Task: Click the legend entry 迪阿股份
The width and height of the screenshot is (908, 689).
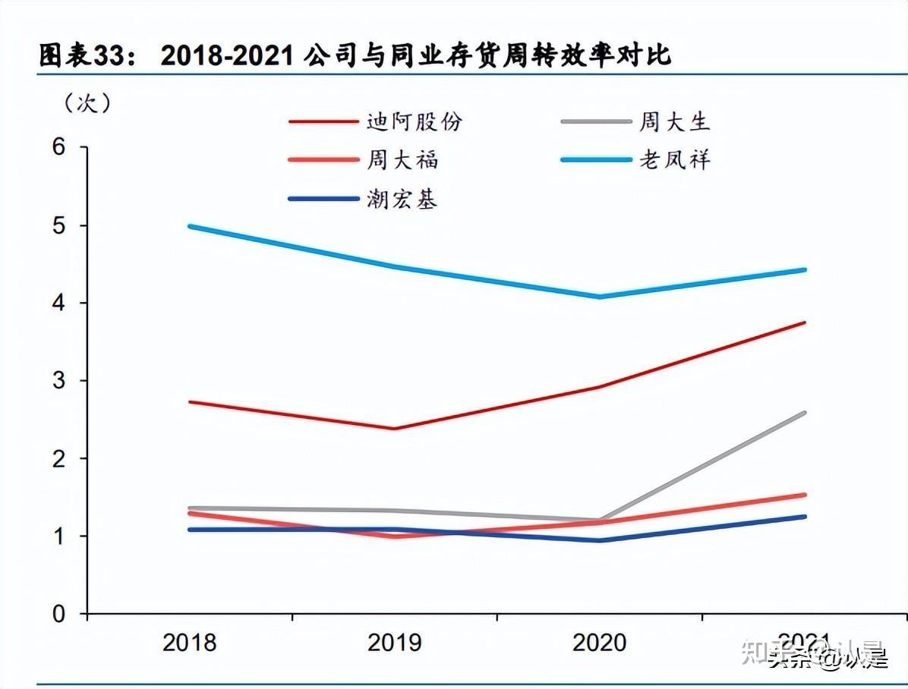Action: [x=414, y=121]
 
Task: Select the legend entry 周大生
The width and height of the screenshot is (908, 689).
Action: [x=674, y=121]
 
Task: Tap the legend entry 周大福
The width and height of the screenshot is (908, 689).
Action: [x=402, y=160]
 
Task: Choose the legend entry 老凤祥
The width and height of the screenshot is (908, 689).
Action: [x=674, y=160]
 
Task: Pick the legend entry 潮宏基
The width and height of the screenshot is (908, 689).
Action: [x=402, y=200]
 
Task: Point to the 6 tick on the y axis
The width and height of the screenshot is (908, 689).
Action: [x=61, y=148]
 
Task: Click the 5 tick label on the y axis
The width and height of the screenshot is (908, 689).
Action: [x=61, y=226]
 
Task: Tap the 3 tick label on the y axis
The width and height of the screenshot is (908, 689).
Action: [x=61, y=381]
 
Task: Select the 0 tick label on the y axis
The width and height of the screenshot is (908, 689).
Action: [x=61, y=613]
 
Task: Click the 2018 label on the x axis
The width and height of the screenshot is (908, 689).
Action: [x=190, y=643]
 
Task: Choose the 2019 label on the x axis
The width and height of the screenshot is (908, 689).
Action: [x=394, y=643]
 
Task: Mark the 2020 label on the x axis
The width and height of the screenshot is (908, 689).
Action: [x=599, y=643]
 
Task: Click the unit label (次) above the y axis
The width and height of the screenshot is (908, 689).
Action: [x=88, y=103]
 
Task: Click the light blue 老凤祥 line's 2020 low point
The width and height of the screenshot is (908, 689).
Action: [x=600, y=296]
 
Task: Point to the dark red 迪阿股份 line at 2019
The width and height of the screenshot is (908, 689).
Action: [x=395, y=429]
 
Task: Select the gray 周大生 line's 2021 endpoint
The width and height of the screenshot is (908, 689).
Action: [x=804, y=413]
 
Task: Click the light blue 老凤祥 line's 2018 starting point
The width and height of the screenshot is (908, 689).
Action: [x=190, y=226]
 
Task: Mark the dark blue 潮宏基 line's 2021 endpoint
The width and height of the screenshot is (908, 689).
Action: [x=804, y=517]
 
